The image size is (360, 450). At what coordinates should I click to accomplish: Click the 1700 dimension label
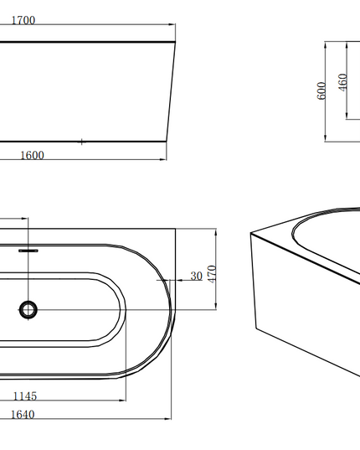click(x=23, y=20)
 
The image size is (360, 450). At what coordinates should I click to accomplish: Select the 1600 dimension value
click(x=32, y=156)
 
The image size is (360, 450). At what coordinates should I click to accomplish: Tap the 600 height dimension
click(x=321, y=91)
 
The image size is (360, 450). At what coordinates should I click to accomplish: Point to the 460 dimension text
click(x=342, y=83)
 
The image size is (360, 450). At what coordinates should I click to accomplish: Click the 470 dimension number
click(x=212, y=274)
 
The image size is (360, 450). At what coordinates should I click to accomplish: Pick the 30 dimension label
click(x=197, y=276)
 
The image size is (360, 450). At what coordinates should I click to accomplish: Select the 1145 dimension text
click(x=25, y=396)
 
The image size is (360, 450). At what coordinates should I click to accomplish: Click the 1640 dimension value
click(x=23, y=415)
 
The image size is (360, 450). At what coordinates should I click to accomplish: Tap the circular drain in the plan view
click(x=28, y=310)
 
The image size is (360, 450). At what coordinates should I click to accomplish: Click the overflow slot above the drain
click(x=28, y=251)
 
